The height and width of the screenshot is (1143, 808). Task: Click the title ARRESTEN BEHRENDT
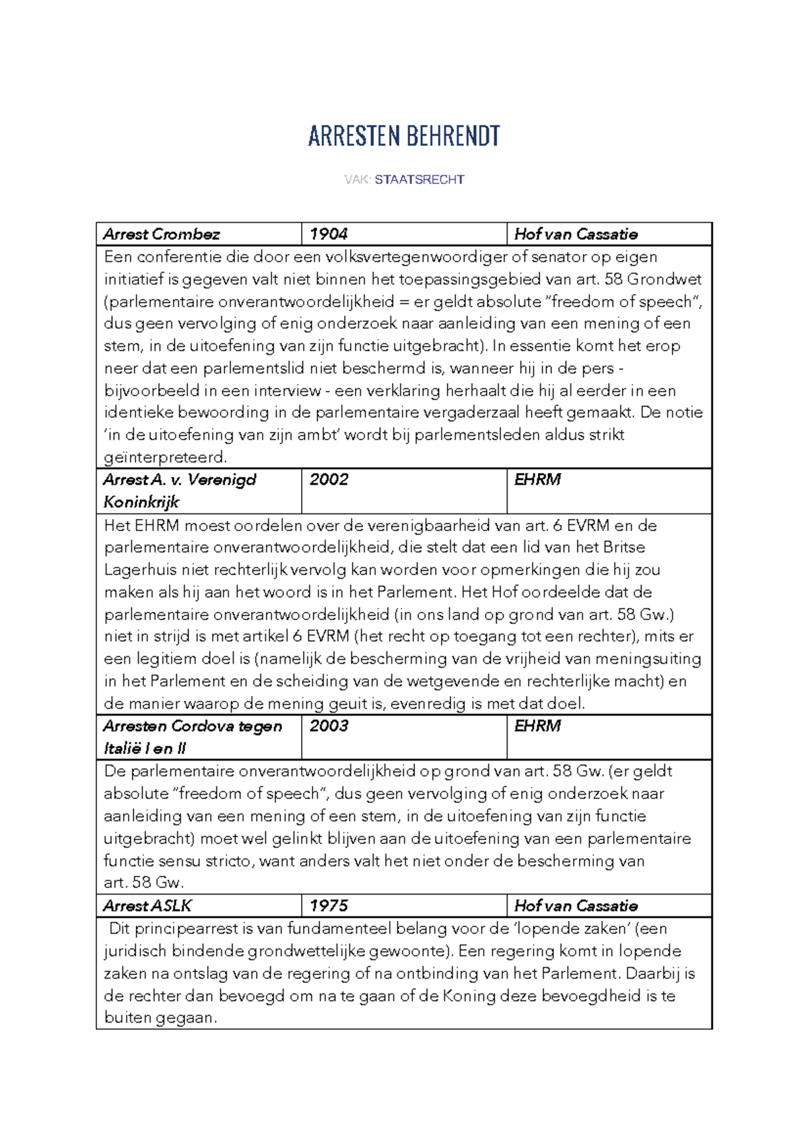[x=404, y=137]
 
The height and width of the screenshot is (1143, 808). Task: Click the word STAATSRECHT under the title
[x=419, y=180]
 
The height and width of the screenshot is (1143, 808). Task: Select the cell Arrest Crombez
[x=162, y=234]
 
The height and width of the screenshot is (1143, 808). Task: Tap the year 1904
[x=329, y=234]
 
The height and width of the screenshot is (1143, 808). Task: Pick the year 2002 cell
[x=329, y=480]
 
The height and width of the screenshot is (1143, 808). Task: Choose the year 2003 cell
[x=329, y=726]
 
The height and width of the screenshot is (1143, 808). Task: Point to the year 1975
[x=329, y=906]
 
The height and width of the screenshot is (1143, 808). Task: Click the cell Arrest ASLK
[x=147, y=906]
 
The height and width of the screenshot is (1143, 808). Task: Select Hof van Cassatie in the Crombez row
[x=576, y=234]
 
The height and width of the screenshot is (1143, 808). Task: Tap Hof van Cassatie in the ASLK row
[x=576, y=906]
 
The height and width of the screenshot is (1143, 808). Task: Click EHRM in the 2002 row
[x=537, y=480]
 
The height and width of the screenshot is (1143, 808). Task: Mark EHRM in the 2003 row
[x=537, y=726]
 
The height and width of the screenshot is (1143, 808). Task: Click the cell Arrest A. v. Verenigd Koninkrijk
[x=180, y=490]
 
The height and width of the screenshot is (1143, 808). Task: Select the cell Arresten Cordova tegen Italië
[x=193, y=736]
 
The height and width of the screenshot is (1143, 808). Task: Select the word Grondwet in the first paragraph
[x=664, y=279]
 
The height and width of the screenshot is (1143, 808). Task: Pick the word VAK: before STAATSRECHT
[x=357, y=180]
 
